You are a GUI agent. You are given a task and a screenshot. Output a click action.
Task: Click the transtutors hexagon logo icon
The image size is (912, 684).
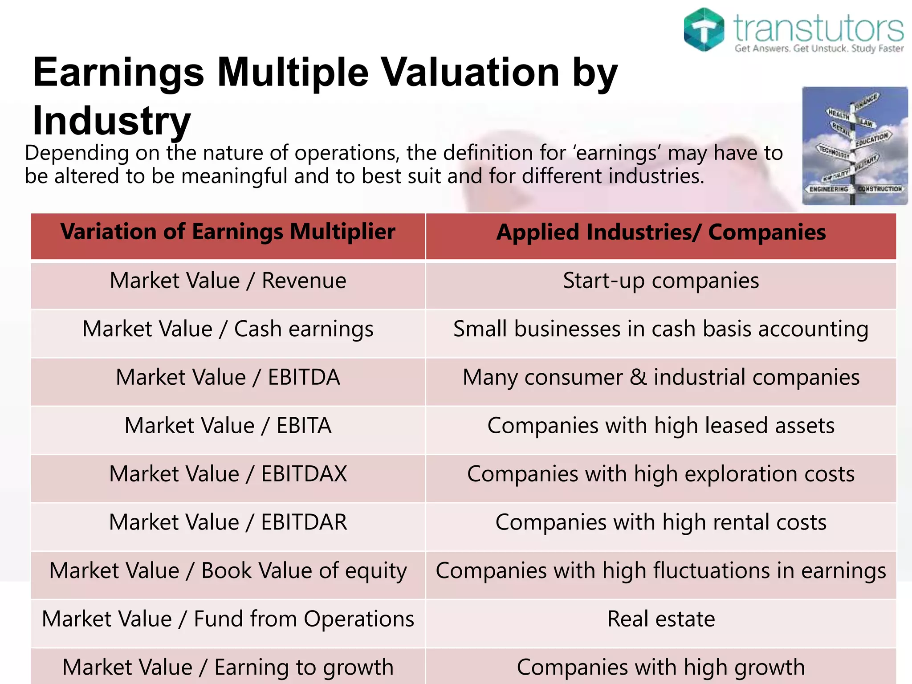(x=704, y=29)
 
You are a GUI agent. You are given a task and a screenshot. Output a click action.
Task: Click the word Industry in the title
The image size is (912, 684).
(x=112, y=121)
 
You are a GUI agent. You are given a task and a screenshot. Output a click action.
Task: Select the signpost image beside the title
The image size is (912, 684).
(x=854, y=146)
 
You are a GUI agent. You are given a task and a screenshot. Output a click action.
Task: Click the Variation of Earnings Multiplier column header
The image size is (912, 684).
(x=228, y=232)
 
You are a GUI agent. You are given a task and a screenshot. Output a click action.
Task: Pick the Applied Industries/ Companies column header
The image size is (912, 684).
(x=661, y=232)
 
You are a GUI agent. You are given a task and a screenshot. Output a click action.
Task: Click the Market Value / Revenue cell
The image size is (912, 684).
(x=228, y=281)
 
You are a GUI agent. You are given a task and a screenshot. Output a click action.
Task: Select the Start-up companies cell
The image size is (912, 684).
(x=661, y=281)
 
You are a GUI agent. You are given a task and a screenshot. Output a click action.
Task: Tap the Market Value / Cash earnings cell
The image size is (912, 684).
(x=228, y=330)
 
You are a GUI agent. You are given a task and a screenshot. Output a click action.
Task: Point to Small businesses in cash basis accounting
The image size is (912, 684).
(x=661, y=330)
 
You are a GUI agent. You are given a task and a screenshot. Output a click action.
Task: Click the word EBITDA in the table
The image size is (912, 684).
(x=304, y=378)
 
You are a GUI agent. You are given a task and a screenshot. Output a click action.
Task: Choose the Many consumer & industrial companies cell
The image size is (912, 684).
(x=661, y=378)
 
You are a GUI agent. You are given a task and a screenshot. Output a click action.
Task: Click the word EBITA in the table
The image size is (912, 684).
(x=304, y=426)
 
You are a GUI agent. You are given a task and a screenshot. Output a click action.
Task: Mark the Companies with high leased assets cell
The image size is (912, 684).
(x=661, y=426)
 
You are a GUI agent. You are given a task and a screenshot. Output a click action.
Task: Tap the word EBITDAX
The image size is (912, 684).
(x=304, y=474)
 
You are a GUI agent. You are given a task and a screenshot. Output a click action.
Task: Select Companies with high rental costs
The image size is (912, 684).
(x=661, y=522)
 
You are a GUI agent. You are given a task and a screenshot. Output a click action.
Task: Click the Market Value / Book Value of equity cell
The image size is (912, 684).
(x=228, y=571)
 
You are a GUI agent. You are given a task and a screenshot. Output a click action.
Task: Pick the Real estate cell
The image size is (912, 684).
(x=661, y=619)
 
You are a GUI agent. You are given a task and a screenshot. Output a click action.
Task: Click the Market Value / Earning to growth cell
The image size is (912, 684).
(x=228, y=667)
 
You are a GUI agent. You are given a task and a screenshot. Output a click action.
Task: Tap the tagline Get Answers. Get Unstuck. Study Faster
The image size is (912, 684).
(x=819, y=48)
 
